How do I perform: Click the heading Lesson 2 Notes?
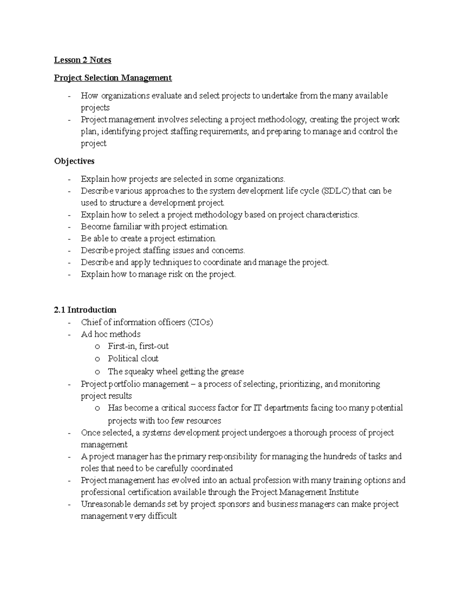pyautogui.click(x=82, y=60)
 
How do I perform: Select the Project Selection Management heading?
pyautogui.click(x=113, y=78)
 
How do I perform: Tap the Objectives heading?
pyautogui.click(x=74, y=161)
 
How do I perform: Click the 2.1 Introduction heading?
pyautogui.click(x=85, y=310)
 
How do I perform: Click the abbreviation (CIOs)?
pyautogui.click(x=200, y=322)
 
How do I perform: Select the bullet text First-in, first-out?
pyautogui.click(x=138, y=346)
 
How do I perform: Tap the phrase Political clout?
pyautogui.click(x=133, y=359)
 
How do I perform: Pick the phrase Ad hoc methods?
pyautogui.click(x=110, y=334)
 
